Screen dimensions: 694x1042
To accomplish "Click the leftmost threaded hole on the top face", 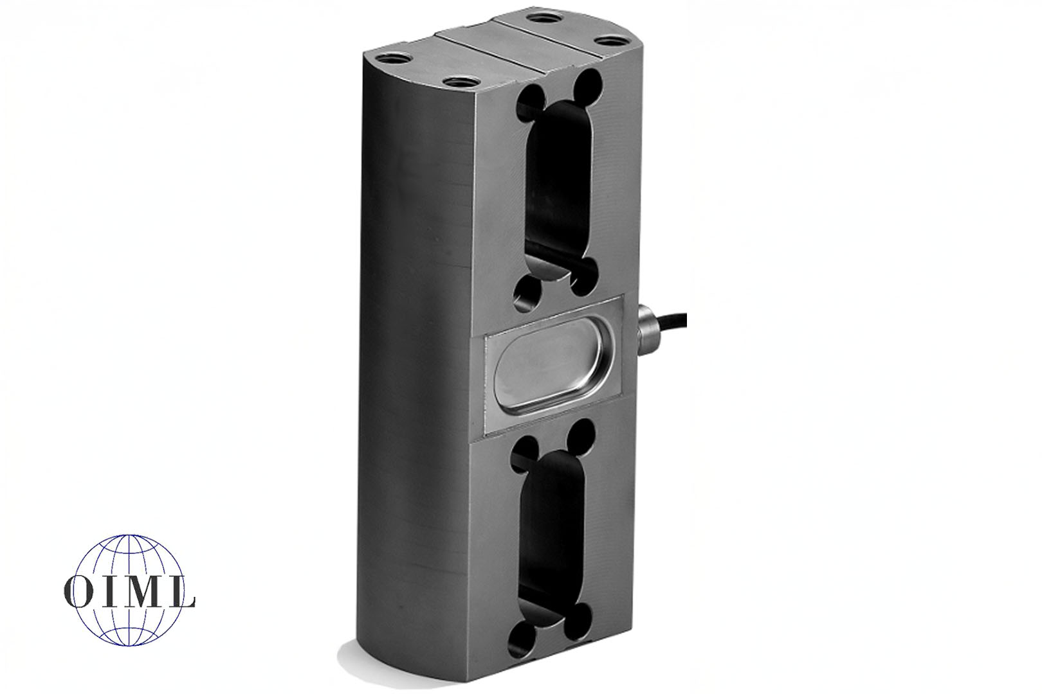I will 395,58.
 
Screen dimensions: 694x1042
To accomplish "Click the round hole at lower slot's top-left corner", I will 527,448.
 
